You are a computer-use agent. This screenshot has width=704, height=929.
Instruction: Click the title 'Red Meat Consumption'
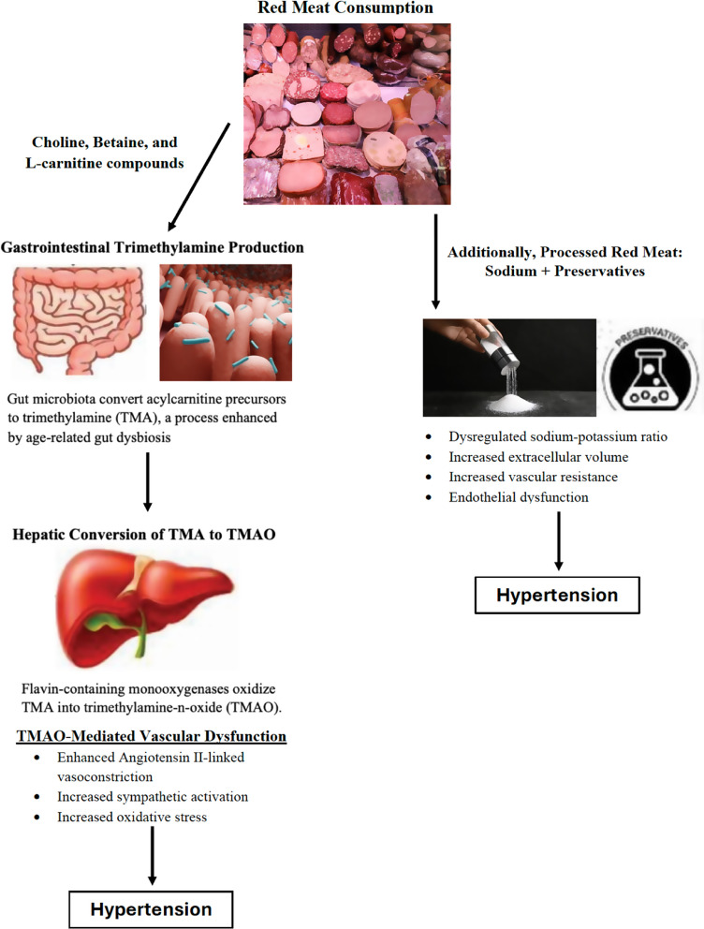[345, 8]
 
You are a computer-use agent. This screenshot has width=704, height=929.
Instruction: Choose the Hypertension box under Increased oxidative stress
[151, 908]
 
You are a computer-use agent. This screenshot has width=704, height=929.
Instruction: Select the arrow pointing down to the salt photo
[435, 262]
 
